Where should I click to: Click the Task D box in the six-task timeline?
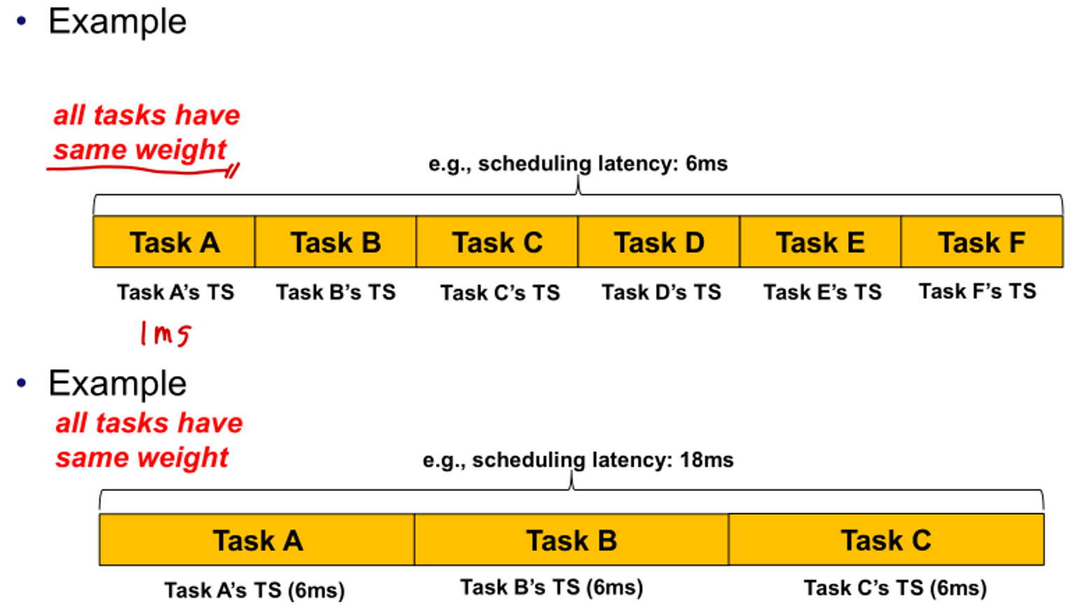tap(659, 242)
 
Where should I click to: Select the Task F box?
tap(981, 242)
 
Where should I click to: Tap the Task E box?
tap(820, 242)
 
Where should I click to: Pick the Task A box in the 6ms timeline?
tap(174, 242)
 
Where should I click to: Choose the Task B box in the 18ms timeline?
tap(571, 540)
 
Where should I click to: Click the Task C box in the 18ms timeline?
tap(885, 540)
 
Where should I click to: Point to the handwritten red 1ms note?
tap(165, 333)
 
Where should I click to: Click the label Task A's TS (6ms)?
tap(255, 590)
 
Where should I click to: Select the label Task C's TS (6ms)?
tap(895, 588)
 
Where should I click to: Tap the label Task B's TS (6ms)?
tap(551, 587)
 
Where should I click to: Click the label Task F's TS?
tap(977, 291)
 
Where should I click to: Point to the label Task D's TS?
tap(661, 291)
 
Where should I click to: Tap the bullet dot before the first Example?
tap(22, 21)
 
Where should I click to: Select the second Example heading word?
tap(117, 384)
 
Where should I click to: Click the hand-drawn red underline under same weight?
tap(140, 169)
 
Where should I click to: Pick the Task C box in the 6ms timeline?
tap(497, 242)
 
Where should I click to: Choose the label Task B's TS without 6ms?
tap(335, 291)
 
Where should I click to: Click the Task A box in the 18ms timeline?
tap(257, 540)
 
